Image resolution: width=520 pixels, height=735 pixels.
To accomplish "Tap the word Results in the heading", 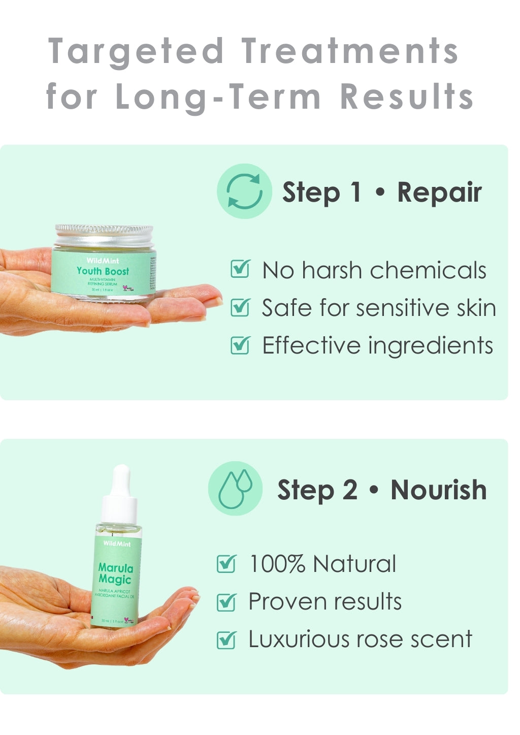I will (x=407, y=96).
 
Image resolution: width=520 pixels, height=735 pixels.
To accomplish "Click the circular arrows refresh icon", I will (x=244, y=191).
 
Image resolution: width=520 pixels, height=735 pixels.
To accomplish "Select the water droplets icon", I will (x=235, y=489).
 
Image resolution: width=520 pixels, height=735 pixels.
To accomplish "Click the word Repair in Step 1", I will (x=439, y=193).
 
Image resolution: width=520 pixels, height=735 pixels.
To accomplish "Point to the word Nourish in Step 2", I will (x=439, y=490).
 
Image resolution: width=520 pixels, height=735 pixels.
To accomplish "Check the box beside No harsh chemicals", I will (x=240, y=269).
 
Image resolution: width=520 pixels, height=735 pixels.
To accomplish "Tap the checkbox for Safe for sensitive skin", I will (x=240, y=307).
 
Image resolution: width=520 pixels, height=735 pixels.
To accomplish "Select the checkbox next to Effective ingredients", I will (x=240, y=345).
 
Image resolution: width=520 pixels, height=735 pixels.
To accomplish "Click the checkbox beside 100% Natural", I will (x=226, y=563).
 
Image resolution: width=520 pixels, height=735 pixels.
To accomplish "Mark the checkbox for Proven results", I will (x=226, y=601).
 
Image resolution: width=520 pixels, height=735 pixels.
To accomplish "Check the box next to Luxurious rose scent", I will (x=226, y=639).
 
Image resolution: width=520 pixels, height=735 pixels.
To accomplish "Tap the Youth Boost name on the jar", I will (x=103, y=271).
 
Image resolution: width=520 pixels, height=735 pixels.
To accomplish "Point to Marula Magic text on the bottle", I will (x=115, y=573).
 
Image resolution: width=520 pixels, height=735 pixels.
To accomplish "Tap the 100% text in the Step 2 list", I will (x=277, y=564).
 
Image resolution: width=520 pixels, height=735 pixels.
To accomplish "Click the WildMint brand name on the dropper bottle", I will (x=117, y=544).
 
